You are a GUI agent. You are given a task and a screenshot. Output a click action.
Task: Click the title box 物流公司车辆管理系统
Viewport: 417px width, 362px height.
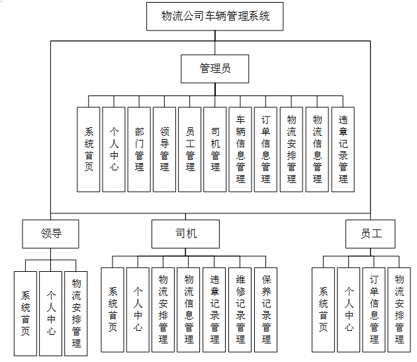click(x=216, y=17)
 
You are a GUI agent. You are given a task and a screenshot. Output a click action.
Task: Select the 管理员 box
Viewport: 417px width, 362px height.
click(x=215, y=68)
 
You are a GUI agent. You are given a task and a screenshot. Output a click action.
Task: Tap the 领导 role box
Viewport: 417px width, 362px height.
click(x=51, y=233)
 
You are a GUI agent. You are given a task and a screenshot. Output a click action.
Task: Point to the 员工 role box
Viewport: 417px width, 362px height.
click(x=371, y=233)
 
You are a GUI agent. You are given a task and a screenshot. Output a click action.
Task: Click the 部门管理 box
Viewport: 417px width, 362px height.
click(x=139, y=150)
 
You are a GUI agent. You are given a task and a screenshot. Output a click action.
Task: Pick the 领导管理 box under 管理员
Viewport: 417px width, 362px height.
click(x=165, y=150)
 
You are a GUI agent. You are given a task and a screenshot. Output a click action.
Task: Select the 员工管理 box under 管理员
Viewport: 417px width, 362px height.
click(x=190, y=150)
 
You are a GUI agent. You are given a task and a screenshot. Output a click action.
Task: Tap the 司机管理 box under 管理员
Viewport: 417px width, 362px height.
click(x=215, y=150)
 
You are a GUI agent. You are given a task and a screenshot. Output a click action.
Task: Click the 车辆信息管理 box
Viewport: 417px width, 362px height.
click(x=241, y=150)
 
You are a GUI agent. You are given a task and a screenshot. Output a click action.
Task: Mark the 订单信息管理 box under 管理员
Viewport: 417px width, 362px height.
click(x=266, y=150)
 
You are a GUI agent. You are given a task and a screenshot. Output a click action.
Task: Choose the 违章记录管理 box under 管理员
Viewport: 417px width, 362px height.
click(x=343, y=150)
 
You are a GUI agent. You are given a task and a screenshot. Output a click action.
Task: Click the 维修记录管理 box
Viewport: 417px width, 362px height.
click(x=241, y=310)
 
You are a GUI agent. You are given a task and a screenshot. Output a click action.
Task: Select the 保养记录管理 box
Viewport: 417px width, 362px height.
click(x=266, y=310)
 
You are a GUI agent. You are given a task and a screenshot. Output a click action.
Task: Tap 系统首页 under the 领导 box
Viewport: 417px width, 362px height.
click(x=26, y=313)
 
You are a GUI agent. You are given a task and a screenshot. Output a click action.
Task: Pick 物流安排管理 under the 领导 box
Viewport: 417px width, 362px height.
click(x=76, y=313)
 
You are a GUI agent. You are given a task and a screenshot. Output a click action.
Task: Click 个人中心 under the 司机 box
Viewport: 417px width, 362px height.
click(x=138, y=310)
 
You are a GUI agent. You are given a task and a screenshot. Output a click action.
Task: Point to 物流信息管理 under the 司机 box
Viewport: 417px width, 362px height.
click(x=189, y=310)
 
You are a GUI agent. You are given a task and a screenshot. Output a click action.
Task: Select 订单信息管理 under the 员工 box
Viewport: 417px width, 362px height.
click(x=374, y=310)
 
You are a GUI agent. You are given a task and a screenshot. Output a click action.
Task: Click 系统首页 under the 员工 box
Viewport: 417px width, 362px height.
click(x=324, y=310)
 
